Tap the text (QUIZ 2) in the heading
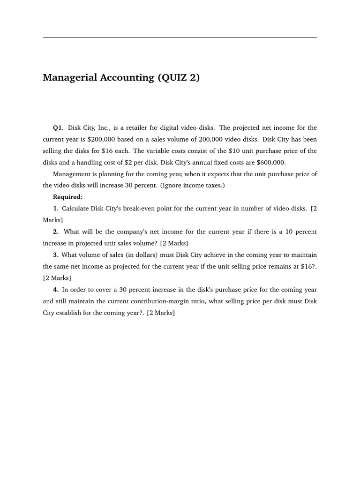(178, 78)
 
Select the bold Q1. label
(58, 127)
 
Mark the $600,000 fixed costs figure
(270, 163)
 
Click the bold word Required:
(67, 197)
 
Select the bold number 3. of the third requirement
(56, 255)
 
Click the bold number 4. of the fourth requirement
(56, 290)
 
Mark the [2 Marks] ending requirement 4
(161, 313)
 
